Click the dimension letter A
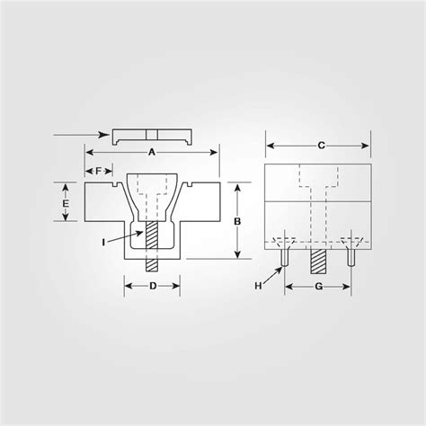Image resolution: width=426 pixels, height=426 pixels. (x=151, y=153)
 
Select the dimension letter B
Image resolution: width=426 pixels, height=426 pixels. (x=236, y=220)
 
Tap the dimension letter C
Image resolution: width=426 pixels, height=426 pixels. (x=321, y=145)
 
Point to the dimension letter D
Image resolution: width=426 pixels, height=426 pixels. (x=152, y=287)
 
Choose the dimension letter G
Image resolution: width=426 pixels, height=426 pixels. (x=318, y=287)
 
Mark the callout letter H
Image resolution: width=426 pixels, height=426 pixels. (x=260, y=285)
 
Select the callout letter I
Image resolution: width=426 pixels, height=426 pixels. (x=105, y=242)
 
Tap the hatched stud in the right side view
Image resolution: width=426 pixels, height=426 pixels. (x=318, y=260)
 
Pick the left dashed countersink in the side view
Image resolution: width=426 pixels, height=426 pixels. (x=282, y=242)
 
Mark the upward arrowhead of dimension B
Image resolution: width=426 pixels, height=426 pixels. (x=236, y=186)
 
